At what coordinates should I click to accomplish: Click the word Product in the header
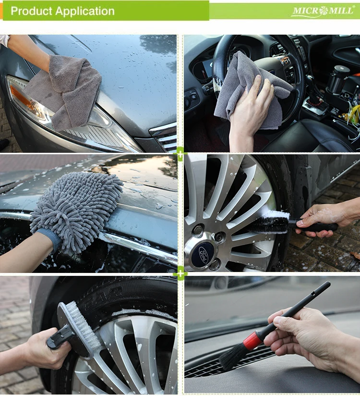pos(31,11)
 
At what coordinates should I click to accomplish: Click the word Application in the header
pos(85,12)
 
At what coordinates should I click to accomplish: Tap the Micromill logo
pos(323,11)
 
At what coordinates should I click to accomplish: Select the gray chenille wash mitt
pos(76,210)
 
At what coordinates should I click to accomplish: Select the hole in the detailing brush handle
pos(313,294)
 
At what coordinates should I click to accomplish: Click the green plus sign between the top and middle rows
pos(180,154)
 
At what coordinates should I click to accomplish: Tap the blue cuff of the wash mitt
pos(48,239)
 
